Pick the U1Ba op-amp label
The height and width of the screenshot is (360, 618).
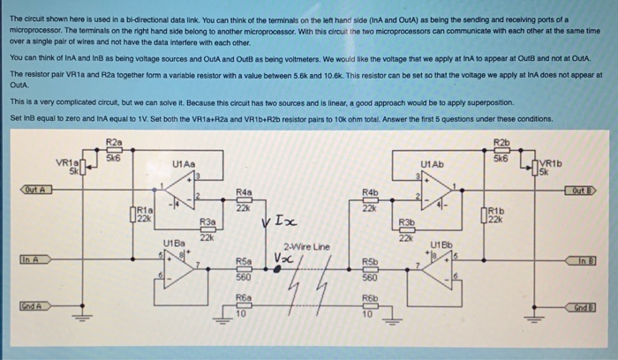point(174,241)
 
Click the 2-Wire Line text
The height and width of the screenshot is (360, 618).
point(304,246)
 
